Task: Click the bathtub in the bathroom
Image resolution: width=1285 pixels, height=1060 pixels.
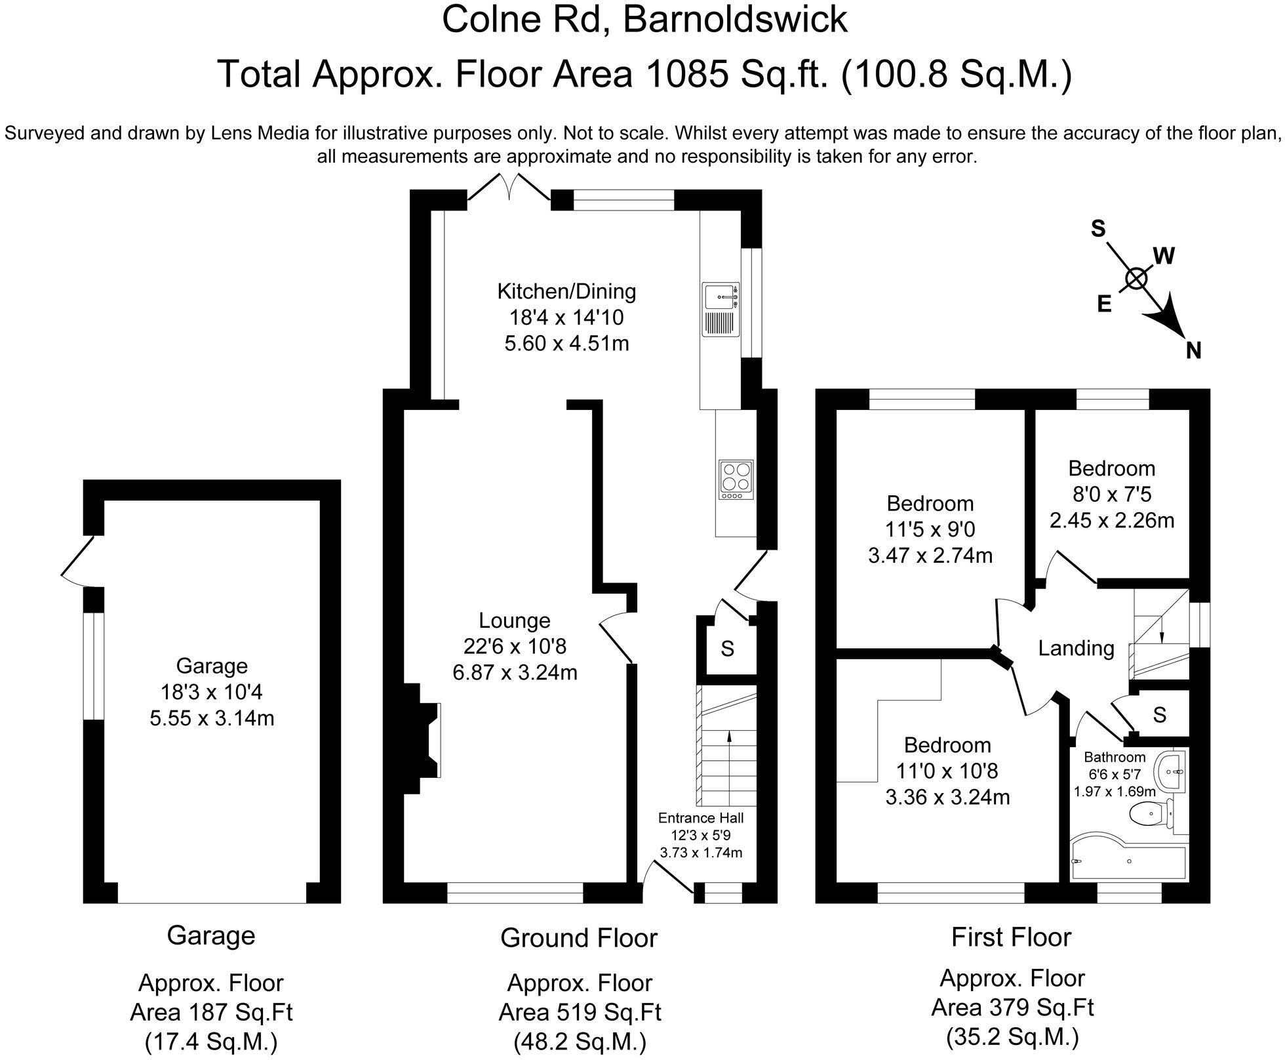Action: click(1128, 860)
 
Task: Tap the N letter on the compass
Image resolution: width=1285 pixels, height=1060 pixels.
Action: click(1193, 351)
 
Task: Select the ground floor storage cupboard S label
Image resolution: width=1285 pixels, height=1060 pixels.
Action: click(727, 649)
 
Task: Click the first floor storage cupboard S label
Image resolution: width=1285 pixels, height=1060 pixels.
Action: click(1160, 714)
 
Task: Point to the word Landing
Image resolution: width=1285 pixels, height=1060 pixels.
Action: click(1076, 648)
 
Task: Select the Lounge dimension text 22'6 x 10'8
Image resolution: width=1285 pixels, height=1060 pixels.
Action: click(514, 647)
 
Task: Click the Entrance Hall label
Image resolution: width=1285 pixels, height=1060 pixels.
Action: click(701, 818)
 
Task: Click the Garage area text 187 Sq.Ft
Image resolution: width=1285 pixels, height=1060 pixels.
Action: click(211, 1012)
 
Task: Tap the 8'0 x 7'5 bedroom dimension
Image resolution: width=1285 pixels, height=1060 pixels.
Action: click(1111, 494)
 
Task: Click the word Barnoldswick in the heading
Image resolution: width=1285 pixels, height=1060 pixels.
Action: click(734, 19)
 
